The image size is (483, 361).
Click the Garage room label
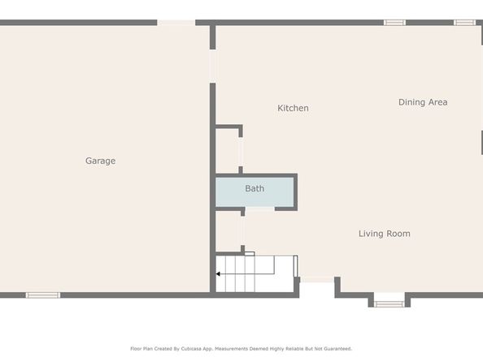pos(100,161)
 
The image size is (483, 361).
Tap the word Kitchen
pos(293,108)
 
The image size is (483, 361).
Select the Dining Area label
pos(422,102)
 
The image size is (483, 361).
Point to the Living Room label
pos(384,234)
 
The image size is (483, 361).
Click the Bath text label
pos(255,189)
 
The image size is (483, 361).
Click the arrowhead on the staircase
pos(219,274)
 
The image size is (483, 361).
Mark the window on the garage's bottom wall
pos(43,294)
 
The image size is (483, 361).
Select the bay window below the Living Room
pos(389,304)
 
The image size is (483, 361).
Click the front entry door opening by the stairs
pos(318,280)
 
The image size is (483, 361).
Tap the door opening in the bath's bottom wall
pos(259,209)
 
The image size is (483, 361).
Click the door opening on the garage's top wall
pos(176,23)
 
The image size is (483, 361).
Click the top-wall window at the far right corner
pos(464,23)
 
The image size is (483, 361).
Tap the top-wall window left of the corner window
pos(394,23)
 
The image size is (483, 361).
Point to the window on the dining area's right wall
pos(481,142)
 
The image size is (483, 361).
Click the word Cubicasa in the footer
pos(198,349)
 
